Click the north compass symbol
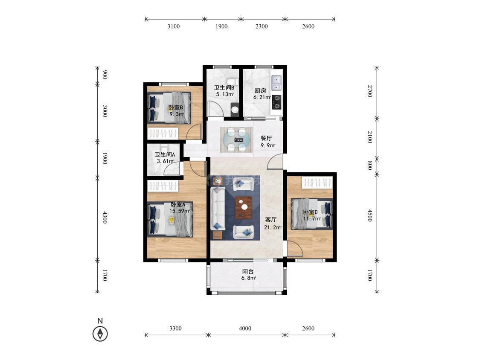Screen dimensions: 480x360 (100, 334)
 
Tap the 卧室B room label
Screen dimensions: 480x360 (176, 108)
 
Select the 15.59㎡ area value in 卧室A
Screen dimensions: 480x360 (179, 211)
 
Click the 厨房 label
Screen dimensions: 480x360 (260, 90)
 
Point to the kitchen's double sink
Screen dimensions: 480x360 (276, 83)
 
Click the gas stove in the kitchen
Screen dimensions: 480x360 (277, 102)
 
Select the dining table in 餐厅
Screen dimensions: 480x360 (237, 139)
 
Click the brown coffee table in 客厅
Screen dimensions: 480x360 (244, 208)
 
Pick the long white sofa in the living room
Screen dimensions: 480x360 (218, 209)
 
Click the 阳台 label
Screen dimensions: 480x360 (247, 271)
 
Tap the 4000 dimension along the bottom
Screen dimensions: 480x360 (245, 328)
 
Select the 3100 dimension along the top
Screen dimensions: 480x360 (174, 26)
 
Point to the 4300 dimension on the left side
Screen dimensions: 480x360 (105, 217)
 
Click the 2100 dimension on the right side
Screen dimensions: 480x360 (370, 137)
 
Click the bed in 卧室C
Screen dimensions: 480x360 (311, 214)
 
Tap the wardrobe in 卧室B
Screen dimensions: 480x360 (163, 134)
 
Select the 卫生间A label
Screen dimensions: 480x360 (165, 155)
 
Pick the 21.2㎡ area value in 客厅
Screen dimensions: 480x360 (273, 227)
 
